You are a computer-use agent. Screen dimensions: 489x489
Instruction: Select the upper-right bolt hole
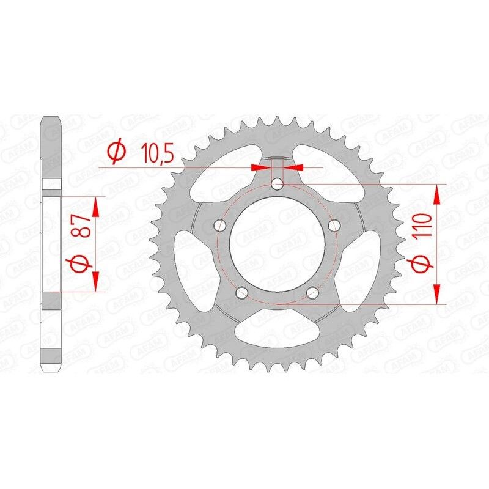click(x=334, y=226)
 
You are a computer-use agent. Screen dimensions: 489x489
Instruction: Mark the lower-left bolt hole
click(x=242, y=292)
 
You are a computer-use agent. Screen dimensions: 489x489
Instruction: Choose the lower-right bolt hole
click(x=312, y=292)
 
